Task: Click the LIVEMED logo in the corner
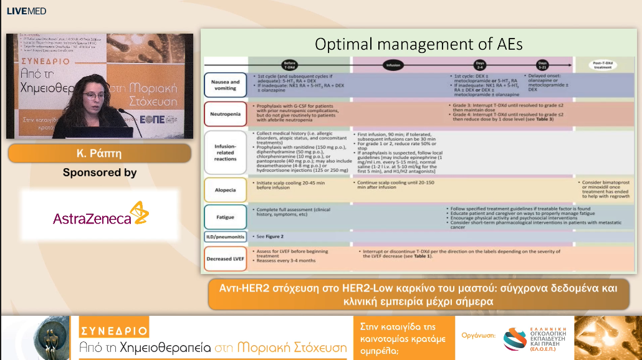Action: (26, 11)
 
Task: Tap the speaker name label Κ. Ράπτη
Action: (99, 153)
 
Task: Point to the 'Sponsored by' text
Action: (100, 173)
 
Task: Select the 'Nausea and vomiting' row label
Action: (226, 85)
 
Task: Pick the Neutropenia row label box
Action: (226, 115)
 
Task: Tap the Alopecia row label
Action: (226, 188)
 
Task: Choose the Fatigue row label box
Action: (226, 217)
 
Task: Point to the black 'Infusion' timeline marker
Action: (393, 64)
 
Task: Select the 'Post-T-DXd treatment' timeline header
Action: (601, 64)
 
